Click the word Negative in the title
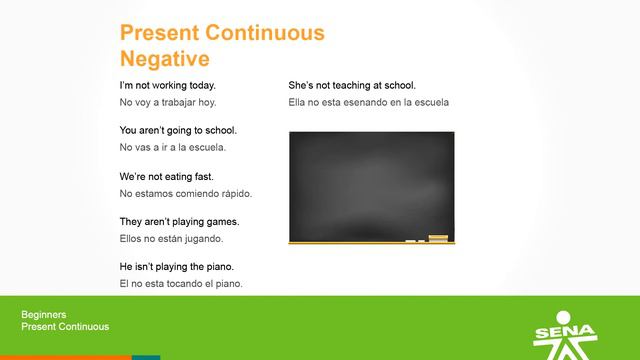point(164,58)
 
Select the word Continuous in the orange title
point(262,33)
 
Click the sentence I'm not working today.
point(167,86)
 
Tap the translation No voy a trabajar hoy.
point(167,102)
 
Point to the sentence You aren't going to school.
point(178,131)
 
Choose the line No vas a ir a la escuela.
point(173,147)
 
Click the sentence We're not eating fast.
point(166,177)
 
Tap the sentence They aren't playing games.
point(179,222)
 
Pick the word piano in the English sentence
point(221,267)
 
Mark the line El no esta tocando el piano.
point(180,283)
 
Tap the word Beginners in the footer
point(44,315)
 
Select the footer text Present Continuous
point(65,327)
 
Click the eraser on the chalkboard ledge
point(438,238)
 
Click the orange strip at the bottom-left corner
point(65,357)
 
